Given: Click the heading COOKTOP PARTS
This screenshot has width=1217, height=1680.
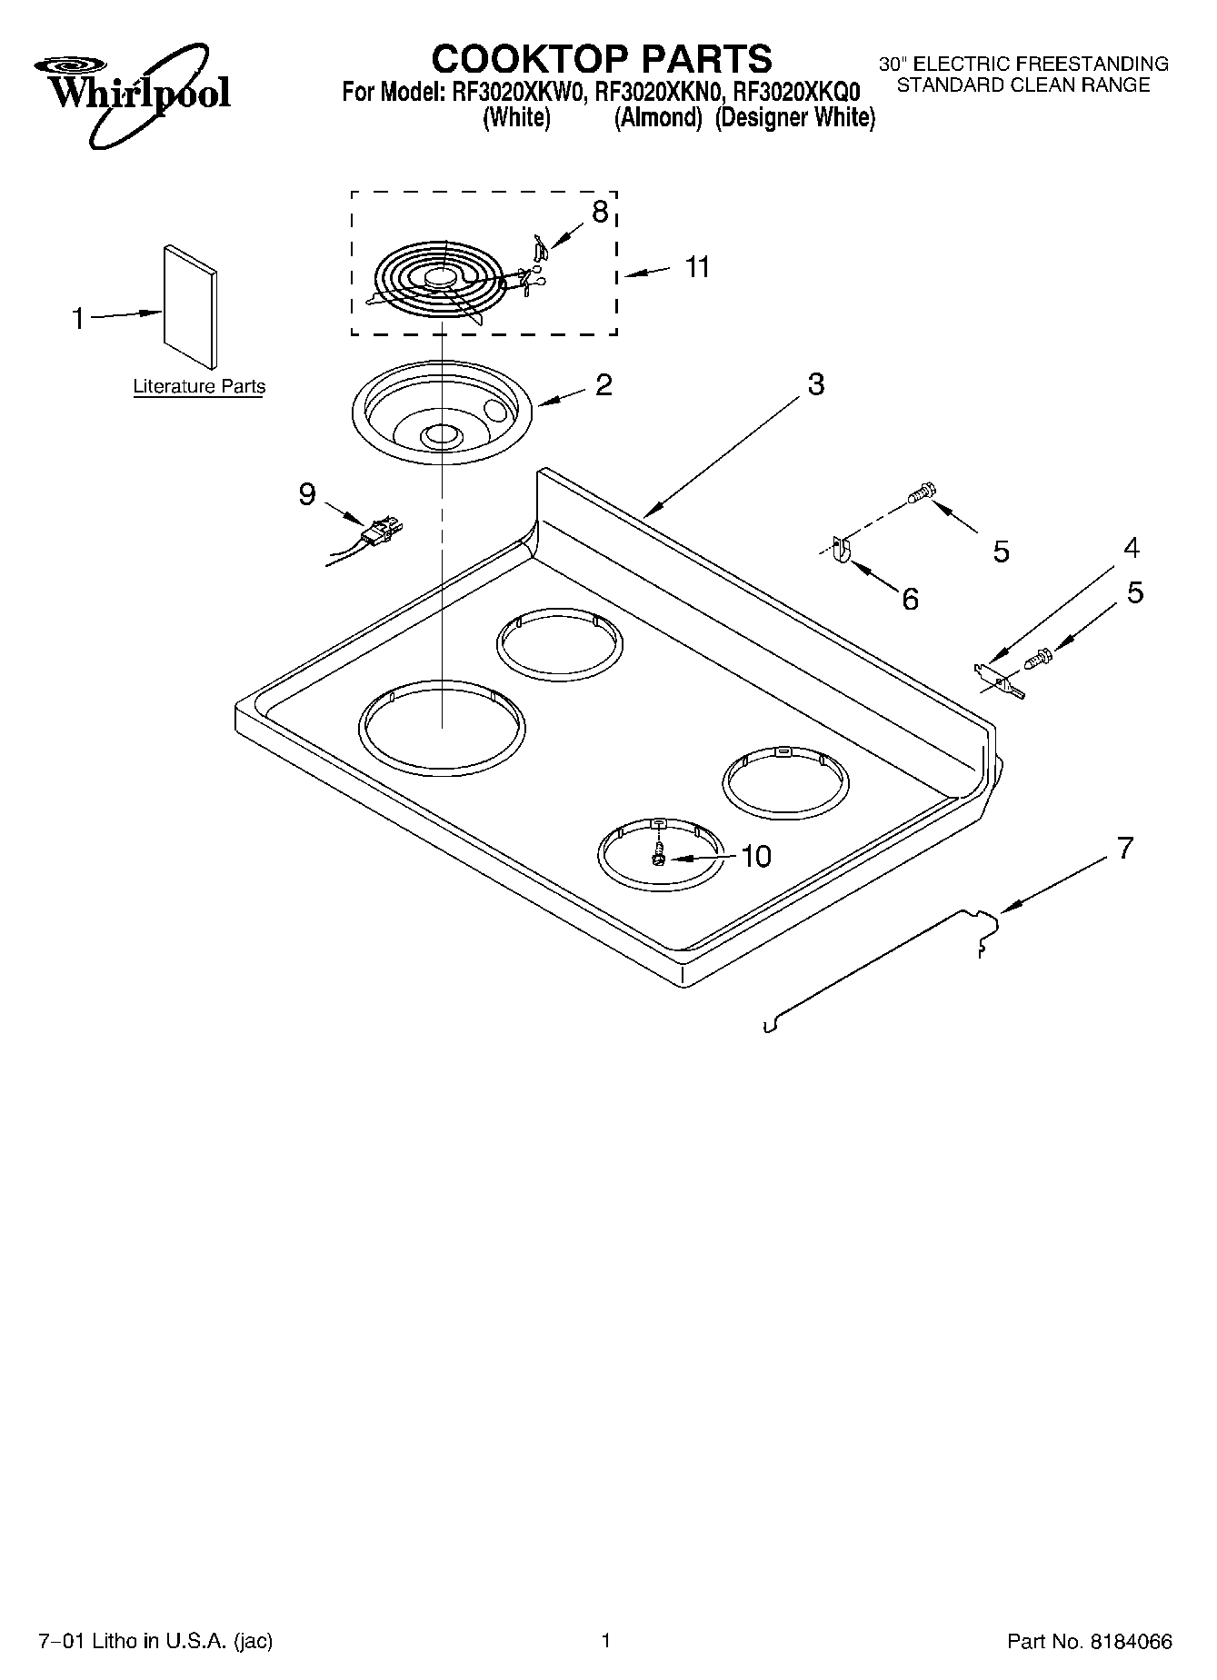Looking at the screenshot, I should [601, 59].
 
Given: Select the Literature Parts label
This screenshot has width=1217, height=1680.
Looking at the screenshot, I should [199, 386].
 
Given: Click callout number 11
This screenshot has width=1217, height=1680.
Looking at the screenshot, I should [697, 268].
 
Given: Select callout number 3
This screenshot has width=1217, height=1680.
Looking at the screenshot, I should [815, 384].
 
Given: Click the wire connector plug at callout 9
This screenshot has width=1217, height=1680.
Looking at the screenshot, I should [381, 532].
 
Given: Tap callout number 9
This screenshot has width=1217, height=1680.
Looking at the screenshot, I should [307, 493].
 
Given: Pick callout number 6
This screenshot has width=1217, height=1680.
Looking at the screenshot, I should [910, 599].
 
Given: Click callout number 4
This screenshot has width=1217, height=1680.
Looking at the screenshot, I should [1131, 548].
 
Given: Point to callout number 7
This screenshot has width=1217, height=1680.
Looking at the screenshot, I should [1125, 849].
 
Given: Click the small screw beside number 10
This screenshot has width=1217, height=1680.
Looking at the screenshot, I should [658, 855].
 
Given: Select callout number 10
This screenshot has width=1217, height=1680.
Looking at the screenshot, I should [756, 856].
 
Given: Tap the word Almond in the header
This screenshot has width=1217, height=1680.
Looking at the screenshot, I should [659, 118].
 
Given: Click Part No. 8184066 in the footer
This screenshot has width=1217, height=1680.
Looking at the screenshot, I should [1089, 1641].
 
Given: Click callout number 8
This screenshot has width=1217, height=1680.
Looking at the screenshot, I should [600, 213].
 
